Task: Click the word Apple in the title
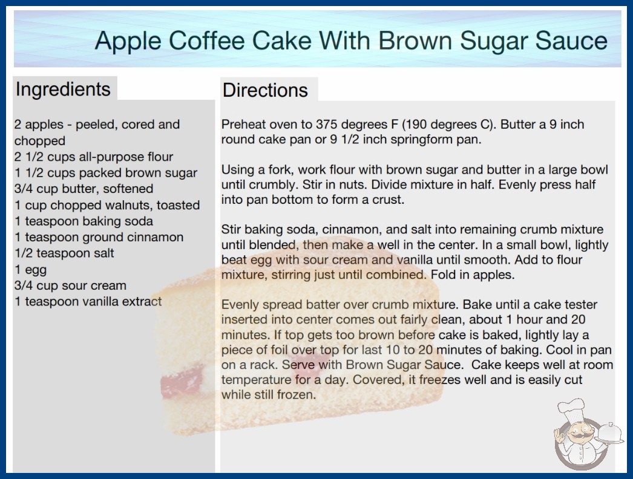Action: coord(128,41)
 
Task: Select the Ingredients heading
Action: coord(63,90)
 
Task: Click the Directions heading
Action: coord(265,90)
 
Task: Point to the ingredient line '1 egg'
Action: coord(31,270)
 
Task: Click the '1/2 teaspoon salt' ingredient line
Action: coord(64,253)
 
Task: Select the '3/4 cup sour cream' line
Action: coord(70,285)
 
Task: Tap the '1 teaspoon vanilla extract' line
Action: coord(88,301)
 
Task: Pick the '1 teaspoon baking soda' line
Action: coord(84,221)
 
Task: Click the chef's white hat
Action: coord(571,408)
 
